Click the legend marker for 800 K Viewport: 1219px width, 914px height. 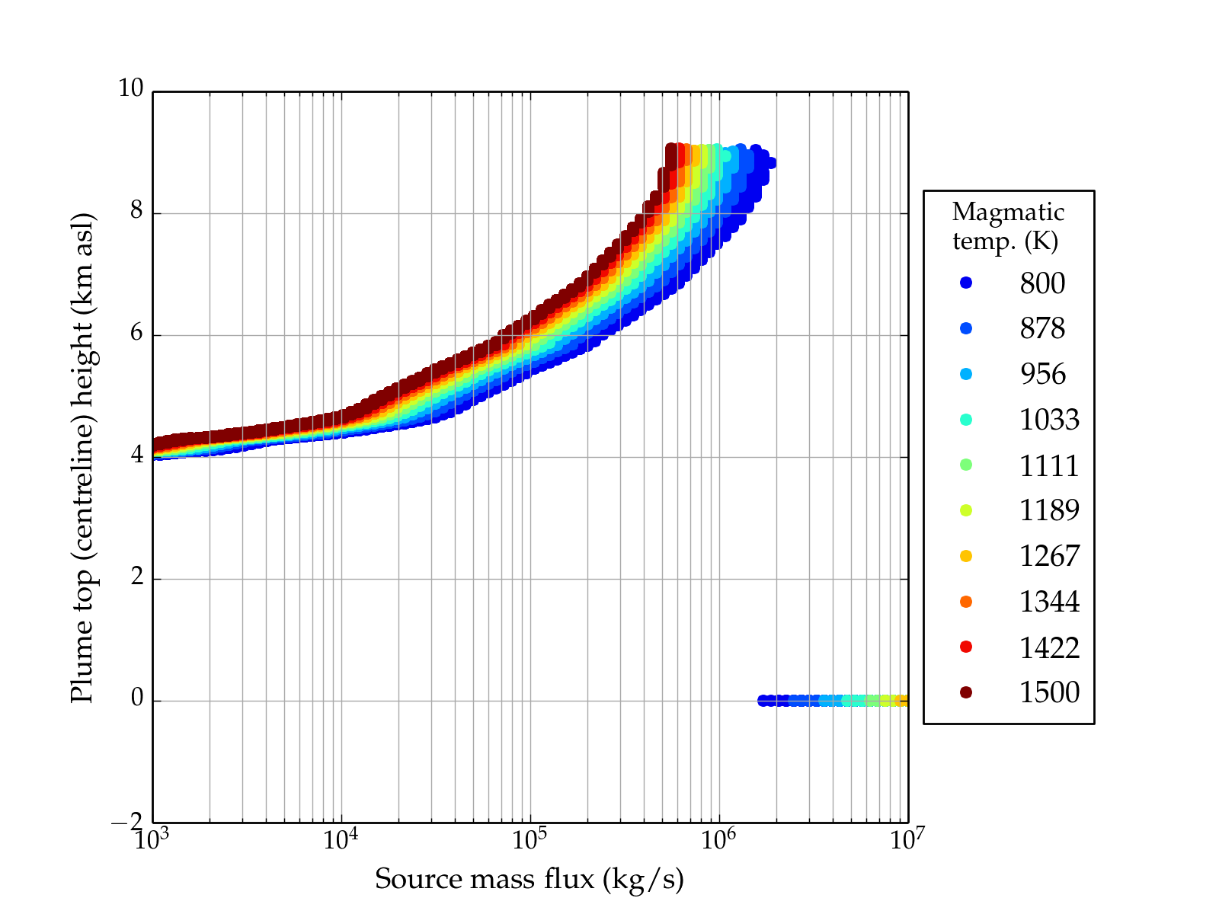tap(966, 283)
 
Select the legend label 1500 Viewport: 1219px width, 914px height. tap(1049, 692)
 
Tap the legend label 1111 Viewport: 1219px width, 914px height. tap(1049, 465)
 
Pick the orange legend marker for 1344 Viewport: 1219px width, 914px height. tap(966, 602)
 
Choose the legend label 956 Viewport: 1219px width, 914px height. tap(1042, 374)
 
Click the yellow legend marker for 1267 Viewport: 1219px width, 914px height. tap(966, 556)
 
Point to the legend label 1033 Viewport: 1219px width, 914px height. tap(1049, 420)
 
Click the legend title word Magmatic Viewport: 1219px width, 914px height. tap(1008, 212)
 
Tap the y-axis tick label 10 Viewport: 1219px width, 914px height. tap(130, 89)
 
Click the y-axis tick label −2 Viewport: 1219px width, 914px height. tap(126, 822)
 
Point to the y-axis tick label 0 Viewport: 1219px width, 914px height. tap(136, 698)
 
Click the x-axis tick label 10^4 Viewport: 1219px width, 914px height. tap(341, 839)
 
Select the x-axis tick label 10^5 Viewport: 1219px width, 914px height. tap(530, 839)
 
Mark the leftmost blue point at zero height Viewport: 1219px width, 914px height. tap(763, 701)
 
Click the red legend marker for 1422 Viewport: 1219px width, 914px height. tap(966, 647)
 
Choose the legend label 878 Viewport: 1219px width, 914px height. tap(1042, 328)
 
